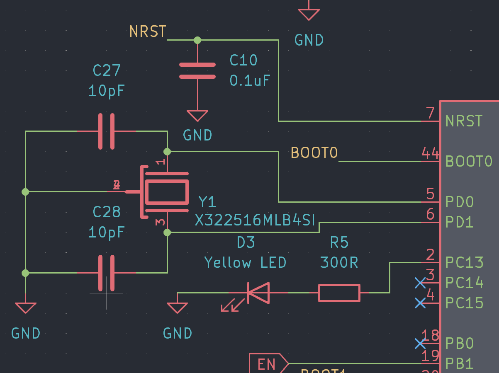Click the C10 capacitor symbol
(197, 71)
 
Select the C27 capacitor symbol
(106, 131)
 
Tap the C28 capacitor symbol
(106, 273)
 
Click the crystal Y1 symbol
(166, 192)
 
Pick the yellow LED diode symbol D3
(257, 293)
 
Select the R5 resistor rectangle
(339, 293)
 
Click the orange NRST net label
(148, 32)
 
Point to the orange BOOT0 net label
(314, 153)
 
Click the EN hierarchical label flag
(268, 364)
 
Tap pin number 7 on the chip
(430, 113)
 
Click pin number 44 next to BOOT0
(430, 153)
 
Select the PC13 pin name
(464, 263)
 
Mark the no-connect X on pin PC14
(420, 283)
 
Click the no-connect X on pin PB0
(420, 344)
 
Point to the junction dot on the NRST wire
(197, 40)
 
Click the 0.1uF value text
(250, 80)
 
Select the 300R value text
(339, 262)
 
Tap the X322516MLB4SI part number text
(255, 220)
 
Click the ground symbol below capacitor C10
(197, 116)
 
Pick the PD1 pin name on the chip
(459, 223)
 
